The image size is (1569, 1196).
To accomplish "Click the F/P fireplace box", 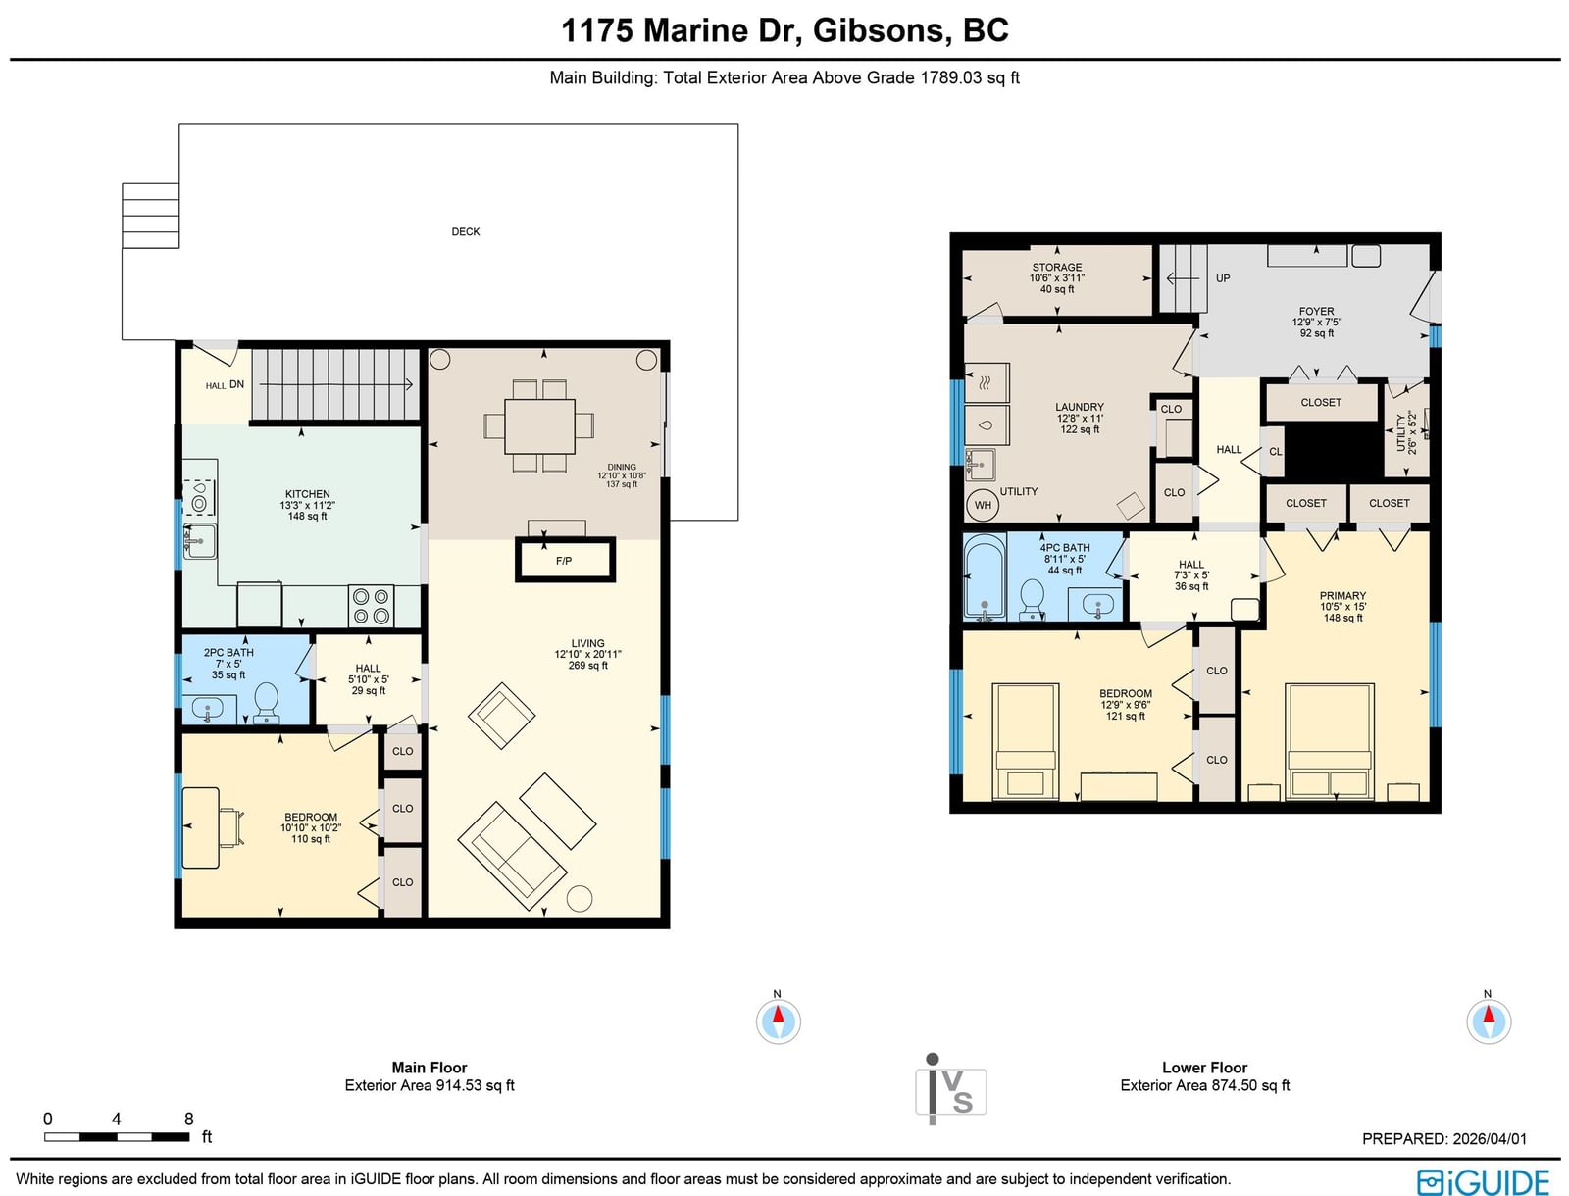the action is click(565, 560).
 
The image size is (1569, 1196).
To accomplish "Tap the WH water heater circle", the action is click(983, 505).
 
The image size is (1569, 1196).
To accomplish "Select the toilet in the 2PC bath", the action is click(266, 703).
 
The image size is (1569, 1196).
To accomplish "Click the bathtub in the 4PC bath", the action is click(985, 576).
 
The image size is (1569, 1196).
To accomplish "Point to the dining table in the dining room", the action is click(539, 426).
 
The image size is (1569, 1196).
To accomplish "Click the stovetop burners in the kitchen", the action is click(372, 606).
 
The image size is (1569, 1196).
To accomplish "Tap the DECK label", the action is click(466, 231).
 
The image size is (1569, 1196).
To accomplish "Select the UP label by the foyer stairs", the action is click(1223, 278).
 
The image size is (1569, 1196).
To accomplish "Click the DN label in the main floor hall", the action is click(236, 384).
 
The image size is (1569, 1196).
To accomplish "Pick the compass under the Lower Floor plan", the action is click(1489, 1021).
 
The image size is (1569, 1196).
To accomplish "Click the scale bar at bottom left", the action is click(118, 1137).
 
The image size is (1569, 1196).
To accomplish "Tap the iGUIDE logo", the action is click(1484, 1180).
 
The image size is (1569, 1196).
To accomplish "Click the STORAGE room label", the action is click(1056, 268).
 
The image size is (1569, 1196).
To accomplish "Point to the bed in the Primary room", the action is click(1330, 741).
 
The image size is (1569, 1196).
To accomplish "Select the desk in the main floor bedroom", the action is click(201, 827).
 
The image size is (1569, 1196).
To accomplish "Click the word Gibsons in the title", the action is click(883, 30).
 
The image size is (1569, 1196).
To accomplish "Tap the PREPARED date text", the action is click(1443, 1139).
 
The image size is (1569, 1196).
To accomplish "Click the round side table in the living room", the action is click(579, 898).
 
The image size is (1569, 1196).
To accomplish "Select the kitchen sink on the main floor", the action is click(199, 541).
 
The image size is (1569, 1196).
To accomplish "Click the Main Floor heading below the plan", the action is click(429, 1068).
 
